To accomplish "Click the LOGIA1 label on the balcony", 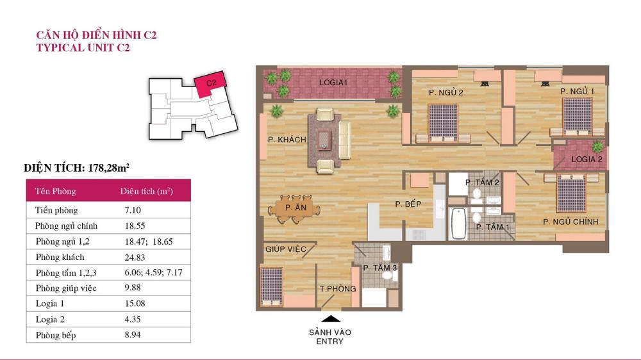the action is click(333, 83).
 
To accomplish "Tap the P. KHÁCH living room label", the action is click(287, 140).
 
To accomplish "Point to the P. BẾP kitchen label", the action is click(408, 204).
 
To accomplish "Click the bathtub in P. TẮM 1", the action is click(459, 223).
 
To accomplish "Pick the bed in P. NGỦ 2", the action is click(443, 123).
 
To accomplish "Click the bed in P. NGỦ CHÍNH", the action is click(571, 193).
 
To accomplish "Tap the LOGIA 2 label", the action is click(587, 160).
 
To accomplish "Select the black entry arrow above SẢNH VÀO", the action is click(331, 319).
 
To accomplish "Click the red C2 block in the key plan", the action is click(210, 84).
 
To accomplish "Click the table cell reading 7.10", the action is click(133, 211).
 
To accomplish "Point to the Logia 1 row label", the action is click(50, 304).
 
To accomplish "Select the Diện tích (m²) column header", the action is click(146, 192).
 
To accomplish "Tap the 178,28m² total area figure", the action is click(109, 168).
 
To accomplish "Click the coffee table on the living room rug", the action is click(324, 140).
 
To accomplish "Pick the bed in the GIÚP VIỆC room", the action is click(272, 286).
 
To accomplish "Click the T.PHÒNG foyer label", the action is click(338, 289).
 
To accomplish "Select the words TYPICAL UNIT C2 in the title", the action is click(83, 48).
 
